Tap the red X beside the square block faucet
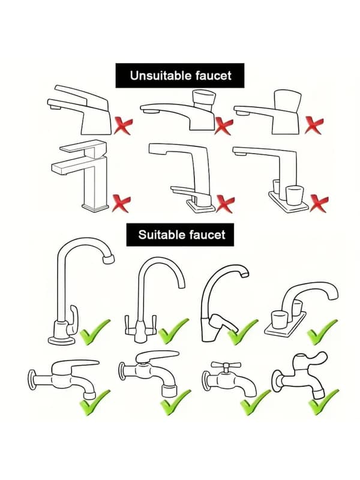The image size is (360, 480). point(121,203)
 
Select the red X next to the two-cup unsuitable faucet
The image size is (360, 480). point(319,203)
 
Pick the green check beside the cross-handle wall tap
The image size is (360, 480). point(255,403)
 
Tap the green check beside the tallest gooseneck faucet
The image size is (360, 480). point(95,332)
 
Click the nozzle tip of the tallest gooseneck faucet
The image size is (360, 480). point(109,259)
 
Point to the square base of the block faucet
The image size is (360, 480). point(95,208)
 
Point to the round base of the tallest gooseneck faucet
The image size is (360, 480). point(62,340)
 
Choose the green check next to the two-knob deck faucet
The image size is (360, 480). point(322,332)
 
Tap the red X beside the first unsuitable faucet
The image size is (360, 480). point(123,127)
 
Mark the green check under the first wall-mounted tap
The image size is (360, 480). point(95,403)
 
